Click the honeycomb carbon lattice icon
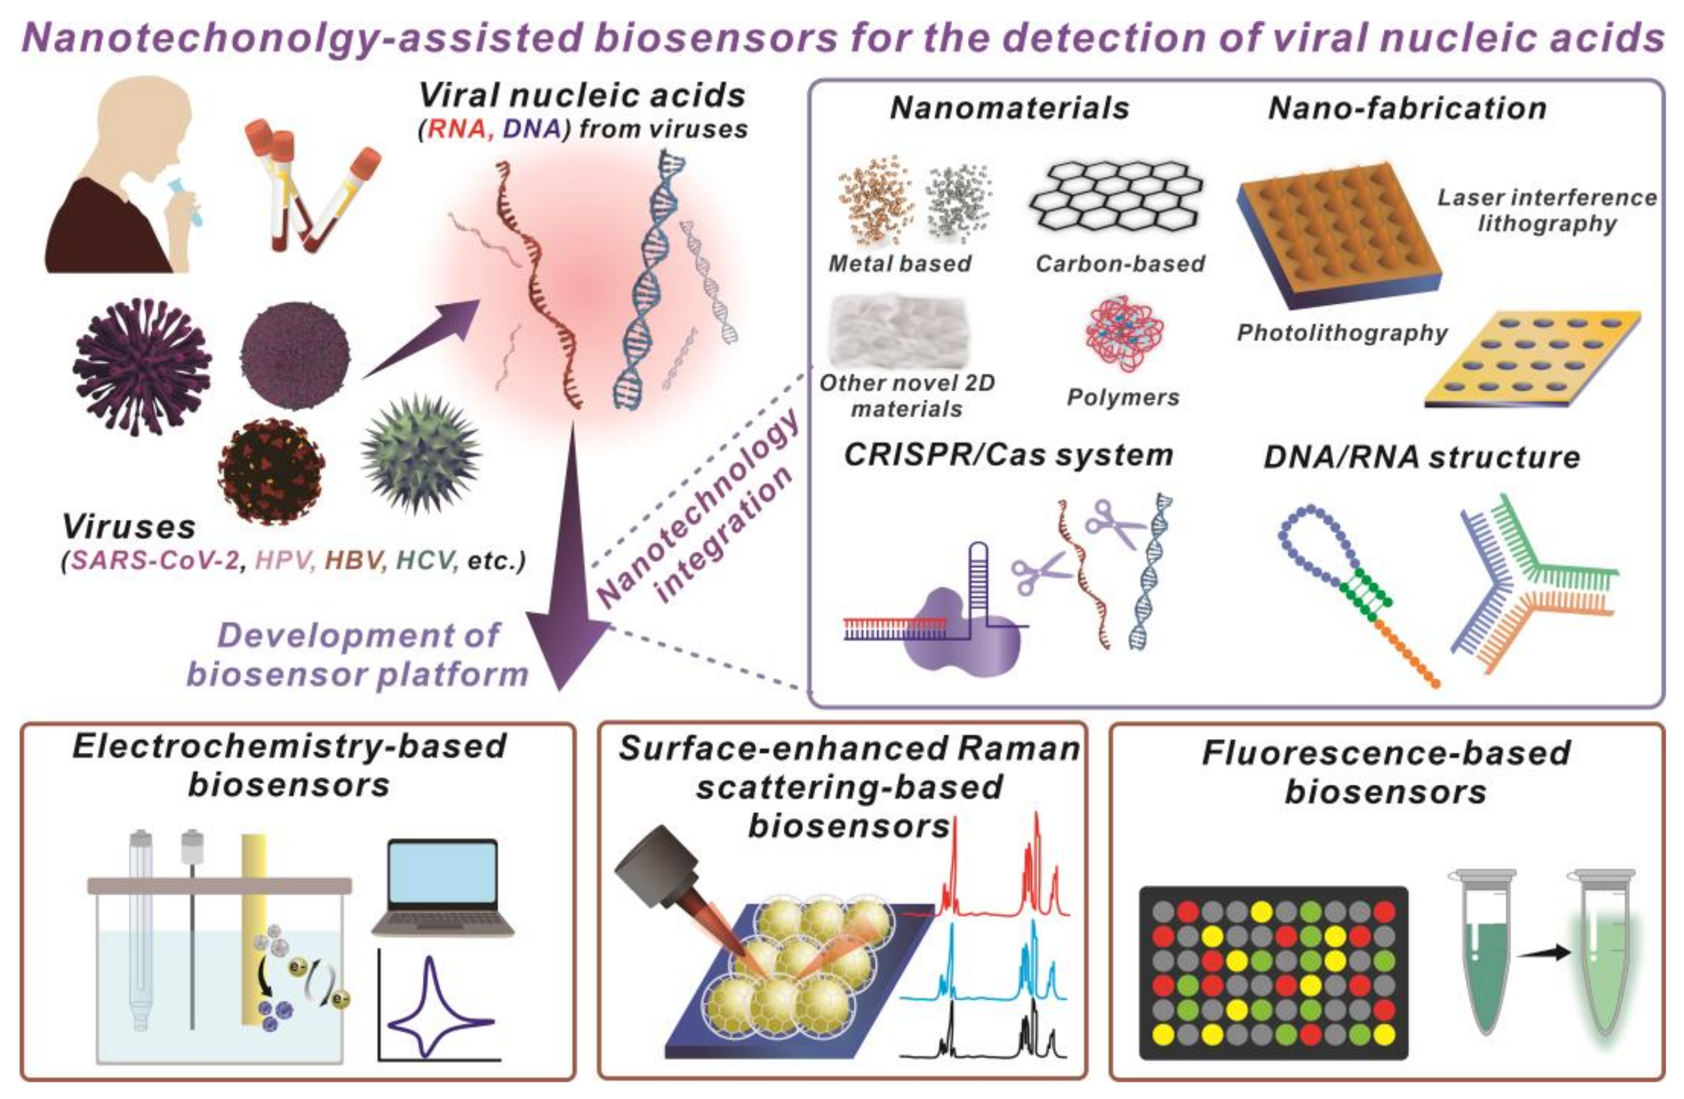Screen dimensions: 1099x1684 coord(1116,195)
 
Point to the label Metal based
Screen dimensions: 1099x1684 coord(900,264)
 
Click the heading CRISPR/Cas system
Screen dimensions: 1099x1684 coord(1009,455)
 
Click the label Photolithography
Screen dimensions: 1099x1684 coord(1342,333)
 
